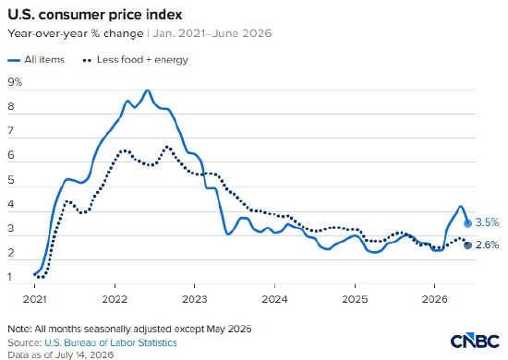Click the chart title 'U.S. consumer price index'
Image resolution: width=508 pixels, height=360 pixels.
click(94, 15)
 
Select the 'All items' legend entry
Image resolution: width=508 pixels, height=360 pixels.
click(36, 60)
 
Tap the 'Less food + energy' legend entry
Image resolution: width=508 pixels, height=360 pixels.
click(136, 60)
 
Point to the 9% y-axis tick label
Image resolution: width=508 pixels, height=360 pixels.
click(15, 82)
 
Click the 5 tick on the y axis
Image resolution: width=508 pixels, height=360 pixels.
click(11, 180)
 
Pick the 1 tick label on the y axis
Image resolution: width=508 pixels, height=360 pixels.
click(10, 277)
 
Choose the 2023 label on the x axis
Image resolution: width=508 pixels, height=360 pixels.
click(194, 299)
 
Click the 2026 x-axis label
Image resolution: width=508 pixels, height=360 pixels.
click(434, 299)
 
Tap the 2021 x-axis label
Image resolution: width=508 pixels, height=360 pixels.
click(34, 299)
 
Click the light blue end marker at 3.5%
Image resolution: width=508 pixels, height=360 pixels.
click(467, 223)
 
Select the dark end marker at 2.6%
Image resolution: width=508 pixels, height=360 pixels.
click(467, 245)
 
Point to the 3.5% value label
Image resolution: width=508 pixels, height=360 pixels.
click(487, 222)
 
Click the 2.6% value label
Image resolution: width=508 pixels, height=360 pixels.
click(488, 245)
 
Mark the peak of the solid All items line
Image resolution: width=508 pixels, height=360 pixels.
click(148, 90)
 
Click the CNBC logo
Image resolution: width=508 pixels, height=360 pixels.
click(475, 341)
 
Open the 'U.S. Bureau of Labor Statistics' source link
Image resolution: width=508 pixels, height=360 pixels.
click(111, 342)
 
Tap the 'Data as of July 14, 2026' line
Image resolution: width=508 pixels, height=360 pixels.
click(61, 354)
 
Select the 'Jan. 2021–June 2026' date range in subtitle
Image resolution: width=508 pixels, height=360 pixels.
click(212, 33)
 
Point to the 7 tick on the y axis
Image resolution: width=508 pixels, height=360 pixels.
click(11, 130)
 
